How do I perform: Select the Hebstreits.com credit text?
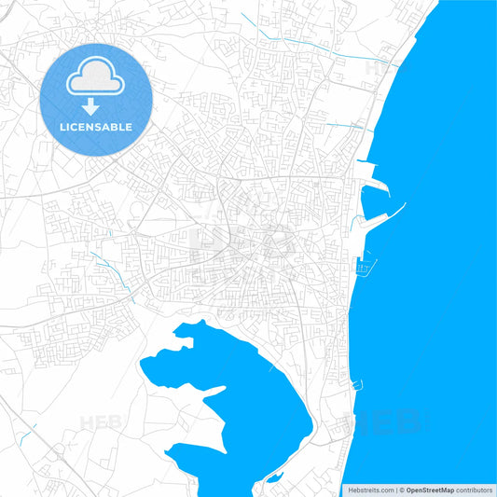pos(368,489)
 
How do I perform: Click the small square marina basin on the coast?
pos(365,268)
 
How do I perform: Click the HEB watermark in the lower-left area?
pos(102,422)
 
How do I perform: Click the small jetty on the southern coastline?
pos(355,383)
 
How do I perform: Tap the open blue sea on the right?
pos(448,280)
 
